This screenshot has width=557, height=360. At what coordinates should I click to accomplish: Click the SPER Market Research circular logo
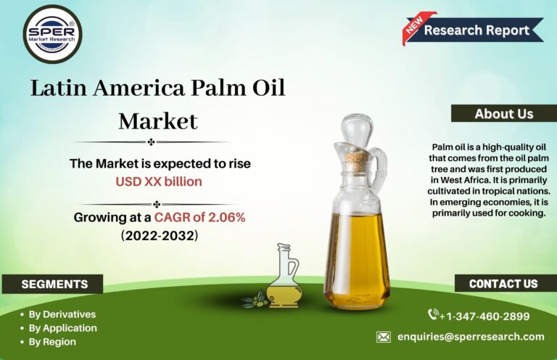52,34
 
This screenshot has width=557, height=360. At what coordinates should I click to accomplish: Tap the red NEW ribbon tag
416,27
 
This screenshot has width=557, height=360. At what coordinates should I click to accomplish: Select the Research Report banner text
476,30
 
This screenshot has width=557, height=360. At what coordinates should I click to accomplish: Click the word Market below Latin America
158,121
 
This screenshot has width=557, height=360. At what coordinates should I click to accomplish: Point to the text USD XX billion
159,181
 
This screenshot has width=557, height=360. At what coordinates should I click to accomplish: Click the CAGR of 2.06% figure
199,217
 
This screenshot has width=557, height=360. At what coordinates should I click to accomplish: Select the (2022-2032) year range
160,236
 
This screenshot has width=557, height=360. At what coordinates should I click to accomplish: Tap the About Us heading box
504,114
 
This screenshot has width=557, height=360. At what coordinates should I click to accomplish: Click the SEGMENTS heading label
54,285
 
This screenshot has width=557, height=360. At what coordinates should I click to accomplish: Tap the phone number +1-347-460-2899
484,316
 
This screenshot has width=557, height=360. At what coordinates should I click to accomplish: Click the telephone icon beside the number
433,314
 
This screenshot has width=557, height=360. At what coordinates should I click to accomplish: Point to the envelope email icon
384,337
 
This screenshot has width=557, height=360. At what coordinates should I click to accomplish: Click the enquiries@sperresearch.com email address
471,337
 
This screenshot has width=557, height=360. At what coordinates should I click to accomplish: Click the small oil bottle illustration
284,277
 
